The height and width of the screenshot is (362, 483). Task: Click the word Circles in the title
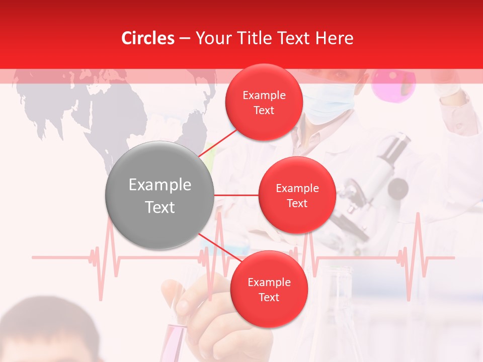click(x=147, y=38)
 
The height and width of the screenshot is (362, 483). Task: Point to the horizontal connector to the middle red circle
click(x=236, y=195)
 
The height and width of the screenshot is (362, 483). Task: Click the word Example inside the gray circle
click(x=159, y=185)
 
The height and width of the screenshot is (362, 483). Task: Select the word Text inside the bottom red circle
click(x=269, y=297)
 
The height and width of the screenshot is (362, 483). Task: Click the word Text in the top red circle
click(x=264, y=110)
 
